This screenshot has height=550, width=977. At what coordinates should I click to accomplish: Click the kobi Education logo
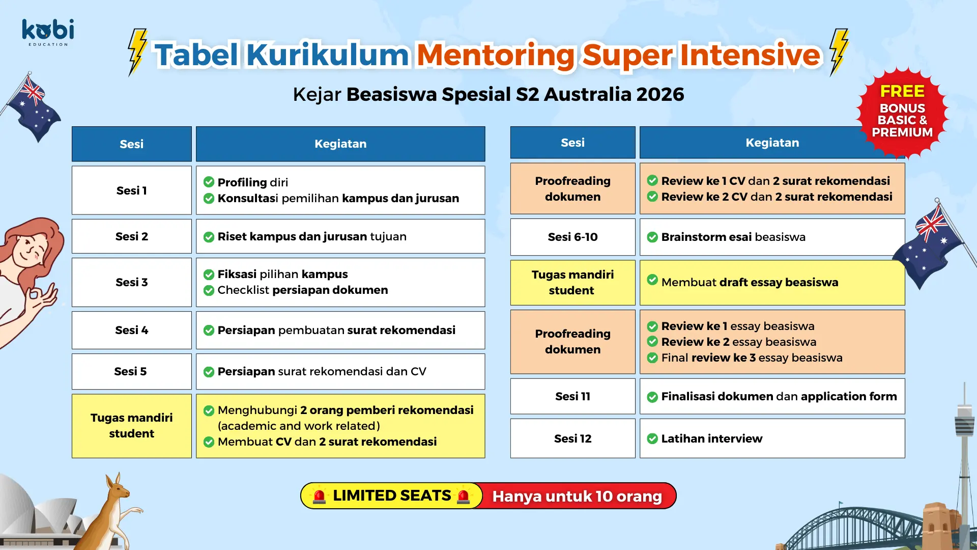coord(48,33)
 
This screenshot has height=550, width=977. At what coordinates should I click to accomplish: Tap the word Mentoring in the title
coord(496,55)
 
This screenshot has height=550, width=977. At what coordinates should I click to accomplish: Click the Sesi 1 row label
coord(132,190)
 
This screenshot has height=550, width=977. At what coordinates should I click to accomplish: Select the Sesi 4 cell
coord(132,330)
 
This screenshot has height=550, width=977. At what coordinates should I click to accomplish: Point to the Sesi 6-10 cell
coord(573,237)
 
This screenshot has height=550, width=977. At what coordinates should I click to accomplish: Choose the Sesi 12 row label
coord(573,438)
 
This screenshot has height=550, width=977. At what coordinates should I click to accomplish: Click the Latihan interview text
coord(712,438)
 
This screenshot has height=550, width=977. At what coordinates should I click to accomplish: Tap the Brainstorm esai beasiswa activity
coord(733,237)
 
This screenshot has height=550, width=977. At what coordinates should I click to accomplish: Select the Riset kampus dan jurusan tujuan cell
coord(340,236)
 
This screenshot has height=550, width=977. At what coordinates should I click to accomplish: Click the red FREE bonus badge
coord(902,113)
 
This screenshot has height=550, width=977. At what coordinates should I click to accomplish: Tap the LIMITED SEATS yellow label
coord(391,496)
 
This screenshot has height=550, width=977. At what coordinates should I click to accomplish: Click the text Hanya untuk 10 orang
coord(577,496)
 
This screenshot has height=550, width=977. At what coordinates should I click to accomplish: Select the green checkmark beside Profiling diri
coord(209,182)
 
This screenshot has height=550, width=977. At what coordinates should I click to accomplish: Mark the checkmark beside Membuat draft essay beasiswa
coord(652,280)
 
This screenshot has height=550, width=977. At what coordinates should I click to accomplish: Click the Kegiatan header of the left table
coord(340,144)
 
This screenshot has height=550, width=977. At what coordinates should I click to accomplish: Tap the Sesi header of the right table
coord(573,143)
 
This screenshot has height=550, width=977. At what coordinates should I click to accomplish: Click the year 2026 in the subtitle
coord(660,94)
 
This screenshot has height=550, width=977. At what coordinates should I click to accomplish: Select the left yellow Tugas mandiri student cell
coord(132,426)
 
